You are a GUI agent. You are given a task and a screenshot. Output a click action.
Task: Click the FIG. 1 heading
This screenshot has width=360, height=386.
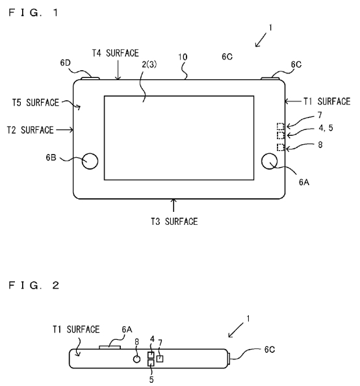(x=34, y=12)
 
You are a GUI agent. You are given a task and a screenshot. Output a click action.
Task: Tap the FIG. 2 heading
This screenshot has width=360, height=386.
(x=34, y=285)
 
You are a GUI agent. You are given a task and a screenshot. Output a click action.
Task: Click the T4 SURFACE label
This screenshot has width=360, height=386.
(x=115, y=53)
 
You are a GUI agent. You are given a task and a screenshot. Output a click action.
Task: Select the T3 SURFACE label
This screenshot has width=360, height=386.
(x=174, y=222)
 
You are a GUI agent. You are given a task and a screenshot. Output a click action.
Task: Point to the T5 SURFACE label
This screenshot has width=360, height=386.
(x=36, y=103)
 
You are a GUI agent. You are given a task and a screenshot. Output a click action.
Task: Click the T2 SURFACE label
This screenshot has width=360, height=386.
(x=30, y=130)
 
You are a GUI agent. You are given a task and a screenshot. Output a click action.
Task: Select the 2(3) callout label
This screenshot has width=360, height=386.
(x=149, y=64)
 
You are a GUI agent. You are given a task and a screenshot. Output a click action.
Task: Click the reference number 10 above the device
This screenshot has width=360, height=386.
(x=183, y=57)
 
